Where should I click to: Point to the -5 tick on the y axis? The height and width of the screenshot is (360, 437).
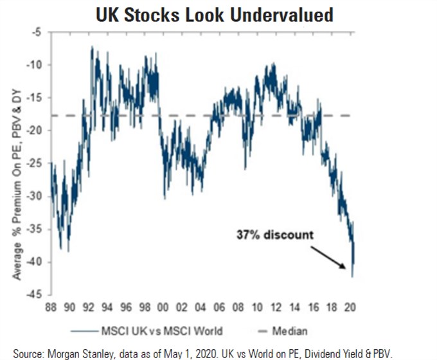click(40, 32)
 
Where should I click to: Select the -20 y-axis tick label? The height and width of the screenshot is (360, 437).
click(38, 130)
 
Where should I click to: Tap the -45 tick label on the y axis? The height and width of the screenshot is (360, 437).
click(38, 295)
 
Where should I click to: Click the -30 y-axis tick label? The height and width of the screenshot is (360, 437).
click(38, 196)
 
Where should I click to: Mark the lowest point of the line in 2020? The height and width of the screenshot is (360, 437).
click(353, 276)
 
